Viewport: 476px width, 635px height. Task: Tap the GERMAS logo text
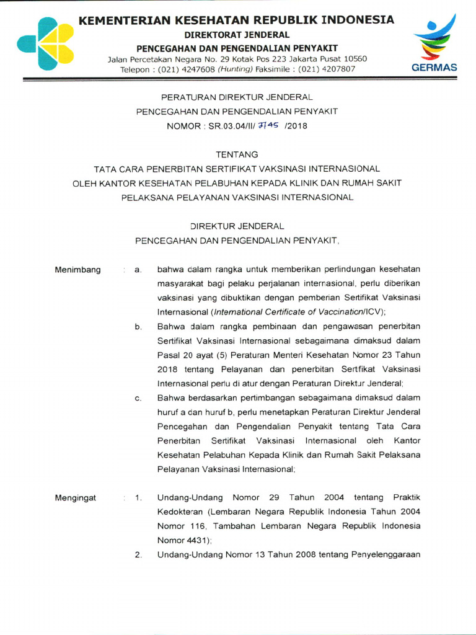point(434,68)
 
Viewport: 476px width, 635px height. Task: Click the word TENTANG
point(237,154)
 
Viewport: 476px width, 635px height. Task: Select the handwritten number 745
point(267,125)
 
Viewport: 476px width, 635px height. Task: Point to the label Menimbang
point(77,270)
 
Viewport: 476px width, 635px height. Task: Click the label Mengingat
point(76,498)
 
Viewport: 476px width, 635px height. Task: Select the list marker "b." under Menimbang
point(139,327)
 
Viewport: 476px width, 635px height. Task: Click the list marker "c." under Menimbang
point(139,398)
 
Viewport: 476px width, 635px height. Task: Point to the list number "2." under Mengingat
point(139,554)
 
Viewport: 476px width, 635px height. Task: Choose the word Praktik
point(403,498)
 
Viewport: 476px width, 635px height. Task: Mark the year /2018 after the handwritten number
point(296,126)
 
